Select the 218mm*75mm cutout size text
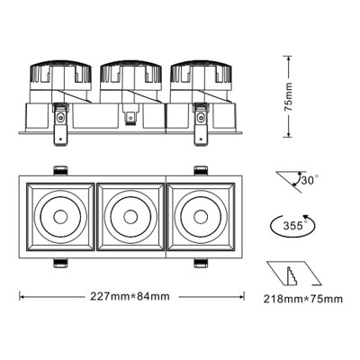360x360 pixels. [x=303, y=297]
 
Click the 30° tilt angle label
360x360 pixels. [x=310, y=179]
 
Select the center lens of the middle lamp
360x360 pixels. [x=130, y=216]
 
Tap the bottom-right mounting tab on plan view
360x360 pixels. [x=199, y=263]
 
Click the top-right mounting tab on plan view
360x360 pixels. [x=199, y=169]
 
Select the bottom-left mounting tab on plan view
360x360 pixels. [x=62, y=263]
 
